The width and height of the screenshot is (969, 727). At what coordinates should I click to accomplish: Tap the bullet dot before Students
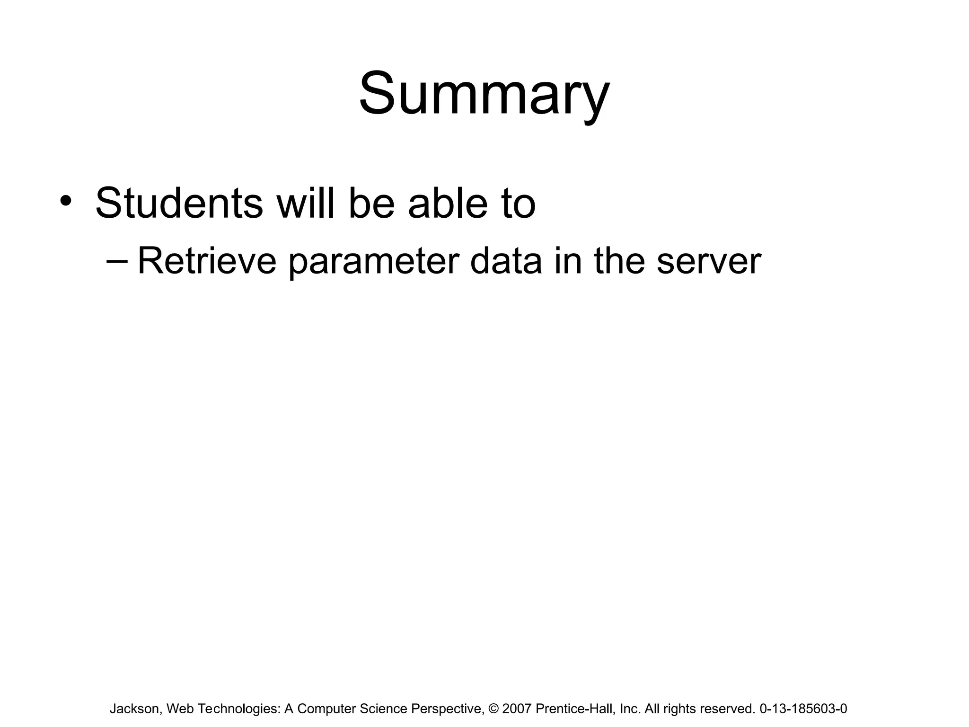pyautogui.click(x=66, y=201)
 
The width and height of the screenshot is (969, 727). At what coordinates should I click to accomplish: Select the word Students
pyautogui.click(x=179, y=204)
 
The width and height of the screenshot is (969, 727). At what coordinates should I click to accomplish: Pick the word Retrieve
pyautogui.click(x=207, y=261)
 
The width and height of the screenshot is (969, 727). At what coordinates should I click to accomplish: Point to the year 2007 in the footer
pyautogui.click(x=517, y=709)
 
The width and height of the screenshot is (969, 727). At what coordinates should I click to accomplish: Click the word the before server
pyautogui.click(x=619, y=261)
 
